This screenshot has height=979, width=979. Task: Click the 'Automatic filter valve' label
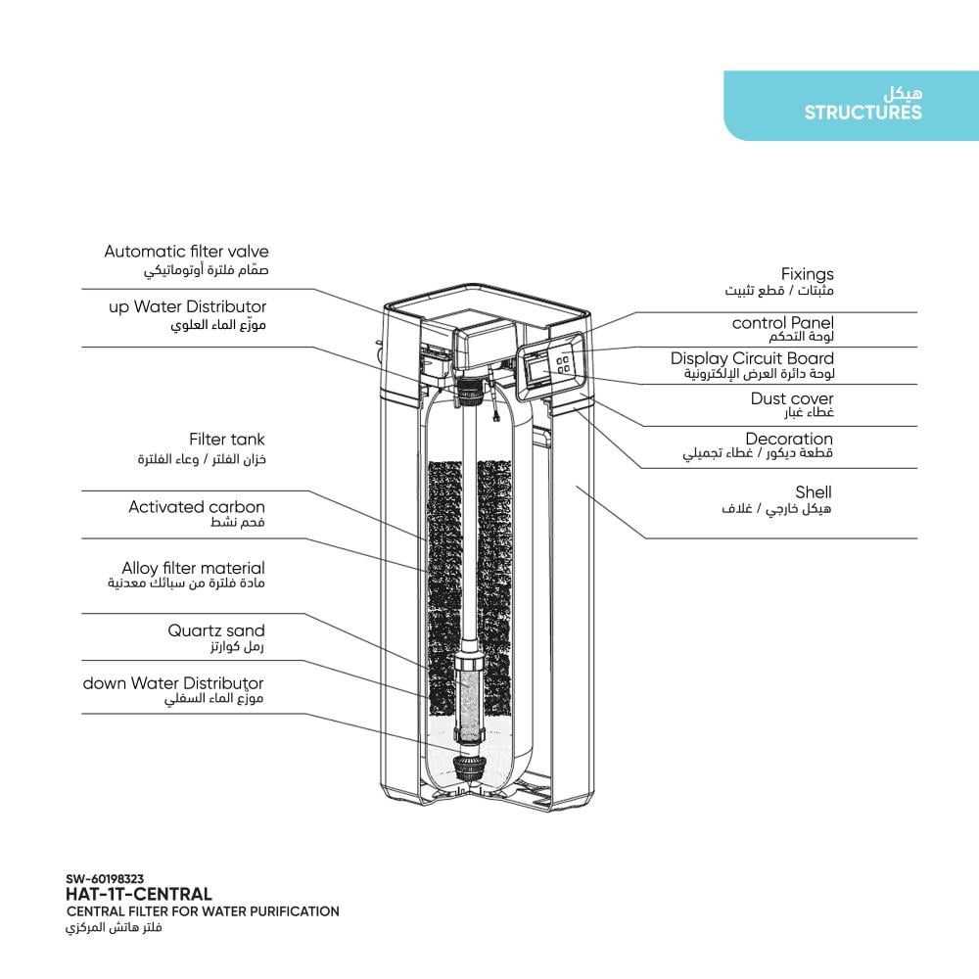186,253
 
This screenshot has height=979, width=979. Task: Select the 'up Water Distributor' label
187,307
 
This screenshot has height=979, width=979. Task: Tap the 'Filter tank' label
226,441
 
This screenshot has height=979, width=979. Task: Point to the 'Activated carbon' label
196,507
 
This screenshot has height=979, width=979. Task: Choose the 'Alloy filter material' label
193,568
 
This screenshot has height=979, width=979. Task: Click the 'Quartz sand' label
215,630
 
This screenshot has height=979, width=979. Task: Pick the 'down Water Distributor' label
173,683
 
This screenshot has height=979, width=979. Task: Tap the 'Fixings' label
807,275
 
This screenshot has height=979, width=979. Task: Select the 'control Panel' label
782,323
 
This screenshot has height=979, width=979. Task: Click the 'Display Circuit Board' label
752,359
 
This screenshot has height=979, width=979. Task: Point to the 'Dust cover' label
792,398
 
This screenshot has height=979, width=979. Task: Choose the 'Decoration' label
789,440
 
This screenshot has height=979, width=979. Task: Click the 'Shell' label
814,492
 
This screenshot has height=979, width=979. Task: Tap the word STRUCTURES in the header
862,113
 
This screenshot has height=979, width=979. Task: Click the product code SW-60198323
105,879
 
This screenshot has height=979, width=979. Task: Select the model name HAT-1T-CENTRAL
138,894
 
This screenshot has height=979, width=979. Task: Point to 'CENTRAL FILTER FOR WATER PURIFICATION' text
203,911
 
